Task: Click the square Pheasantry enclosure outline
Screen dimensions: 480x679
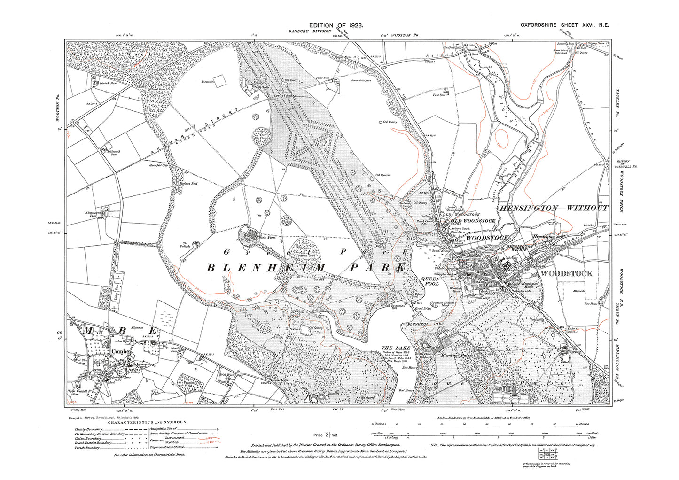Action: [219, 81]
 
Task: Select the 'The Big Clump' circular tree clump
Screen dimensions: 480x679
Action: [259, 138]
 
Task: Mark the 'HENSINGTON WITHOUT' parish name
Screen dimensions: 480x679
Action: [553, 208]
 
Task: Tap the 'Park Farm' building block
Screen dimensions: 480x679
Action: [251, 233]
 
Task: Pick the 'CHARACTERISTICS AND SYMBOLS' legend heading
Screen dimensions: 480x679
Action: [147, 422]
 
